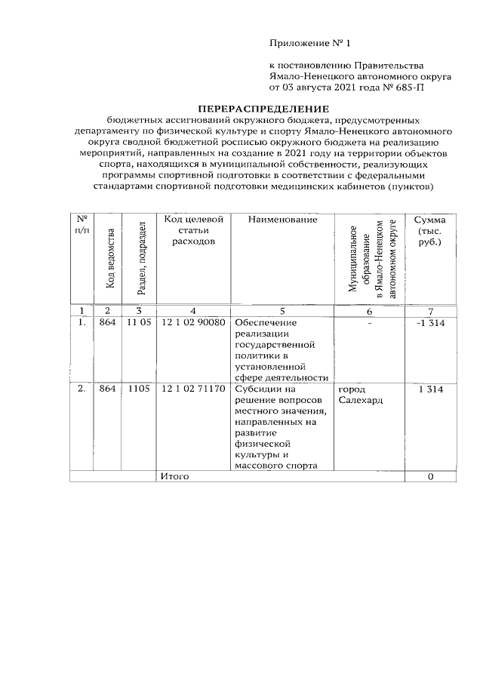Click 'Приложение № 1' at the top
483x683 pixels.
pyautogui.click(x=311, y=43)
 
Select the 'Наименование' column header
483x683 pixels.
pyautogui.click(x=282, y=220)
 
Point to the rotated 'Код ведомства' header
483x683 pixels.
pyautogui.click(x=110, y=257)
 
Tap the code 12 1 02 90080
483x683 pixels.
pyautogui.click(x=193, y=323)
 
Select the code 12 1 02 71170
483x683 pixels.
pyautogui.click(x=193, y=389)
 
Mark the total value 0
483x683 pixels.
pyautogui.click(x=430, y=477)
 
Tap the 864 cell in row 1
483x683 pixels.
pyautogui.click(x=108, y=323)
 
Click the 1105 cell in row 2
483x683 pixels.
pyautogui.click(x=140, y=389)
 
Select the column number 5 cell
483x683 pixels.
pyautogui.click(x=282, y=310)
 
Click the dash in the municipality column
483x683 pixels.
pyautogui.click(x=370, y=323)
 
